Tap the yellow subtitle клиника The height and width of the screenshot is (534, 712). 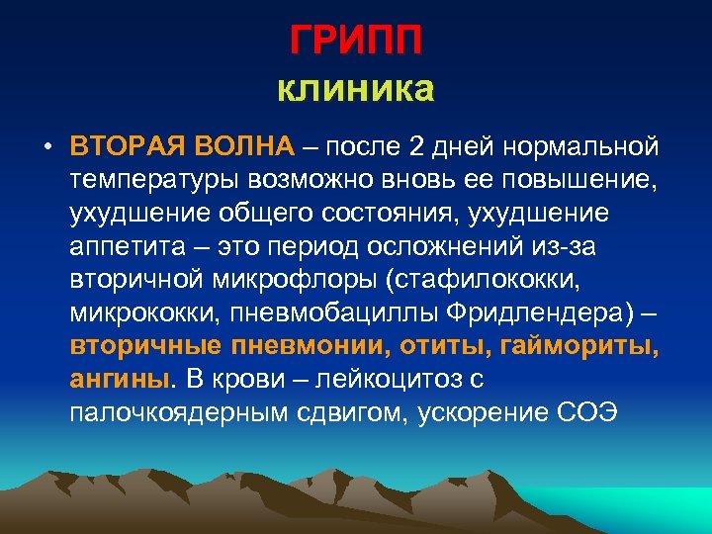(x=356, y=90)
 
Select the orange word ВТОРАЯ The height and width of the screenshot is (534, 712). (x=129, y=148)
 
